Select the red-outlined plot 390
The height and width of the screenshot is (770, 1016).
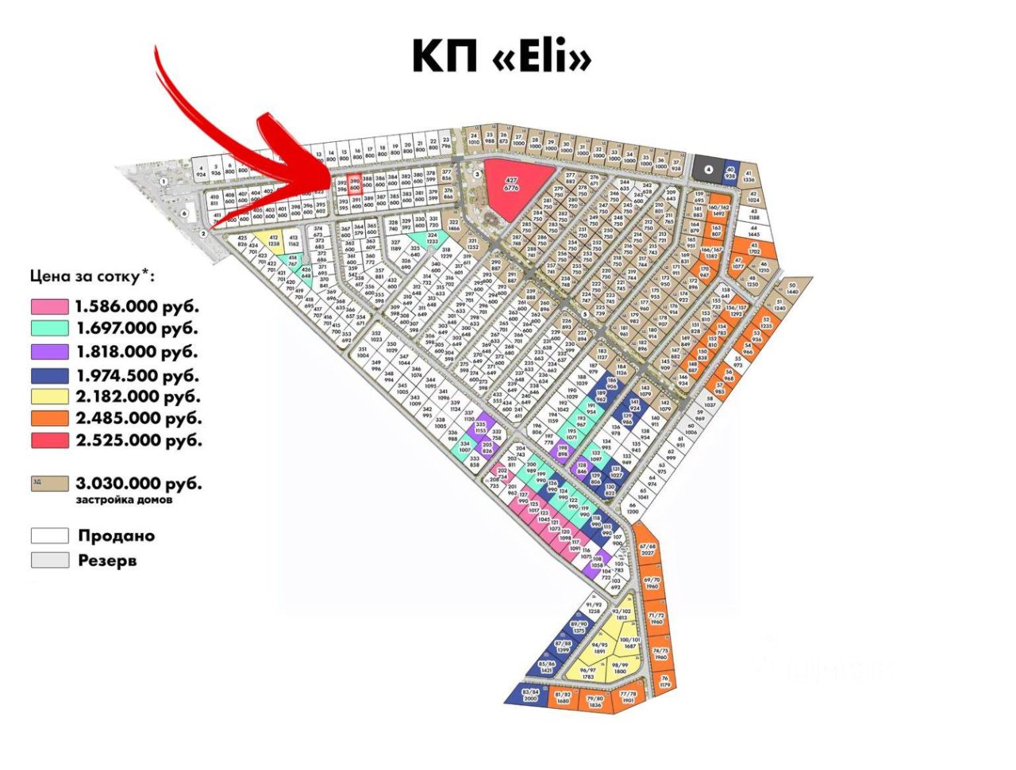[355, 183]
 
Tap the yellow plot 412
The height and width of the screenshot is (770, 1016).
[274, 241]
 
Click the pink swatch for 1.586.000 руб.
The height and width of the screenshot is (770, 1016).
[49, 306]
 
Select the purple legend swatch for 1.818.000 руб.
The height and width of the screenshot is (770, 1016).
[49, 351]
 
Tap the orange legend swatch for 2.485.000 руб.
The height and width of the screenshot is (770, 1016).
[49, 418]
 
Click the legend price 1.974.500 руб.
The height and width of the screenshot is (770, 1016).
[137, 376]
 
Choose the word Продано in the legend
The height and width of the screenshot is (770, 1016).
[117, 535]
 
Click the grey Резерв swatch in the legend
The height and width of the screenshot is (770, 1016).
[49, 560]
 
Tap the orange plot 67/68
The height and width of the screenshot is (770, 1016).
[648, 550]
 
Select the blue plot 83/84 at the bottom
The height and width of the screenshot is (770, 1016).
[530, 695]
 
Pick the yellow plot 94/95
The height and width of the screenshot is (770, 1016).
[600, 648]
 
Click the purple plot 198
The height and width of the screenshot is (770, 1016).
[563, 450]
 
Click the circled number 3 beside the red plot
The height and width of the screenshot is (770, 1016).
[477, 173]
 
